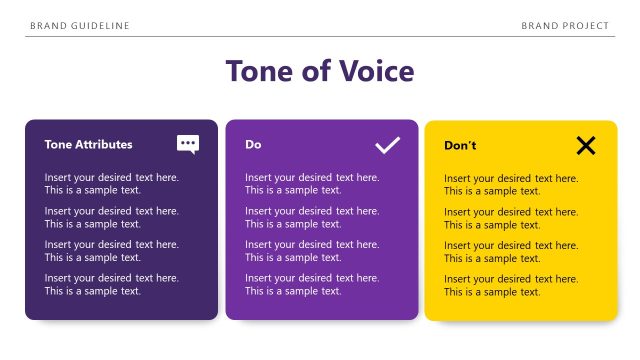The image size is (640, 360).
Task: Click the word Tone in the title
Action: (257, 72)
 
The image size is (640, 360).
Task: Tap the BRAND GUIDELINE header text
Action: (80, 25)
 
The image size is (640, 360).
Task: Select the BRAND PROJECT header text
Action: (565, 25)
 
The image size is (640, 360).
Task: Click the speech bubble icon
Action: (188, 144)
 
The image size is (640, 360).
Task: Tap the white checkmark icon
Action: (387, 145)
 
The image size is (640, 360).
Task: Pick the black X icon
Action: (586, 145)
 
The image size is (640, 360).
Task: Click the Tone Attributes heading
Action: (88, 145)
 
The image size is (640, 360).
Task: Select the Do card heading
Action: (253, 145)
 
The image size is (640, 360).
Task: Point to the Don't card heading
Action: (460, 146)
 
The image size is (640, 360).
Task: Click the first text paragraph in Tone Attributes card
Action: (111, 184)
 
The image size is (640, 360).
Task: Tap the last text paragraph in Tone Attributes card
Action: (111, 285)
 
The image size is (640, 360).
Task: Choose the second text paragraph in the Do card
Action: (312, 218)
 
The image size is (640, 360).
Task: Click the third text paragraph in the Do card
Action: (312, 251)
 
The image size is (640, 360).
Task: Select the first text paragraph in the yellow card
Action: (511, 185)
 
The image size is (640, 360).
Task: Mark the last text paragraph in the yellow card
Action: (511, 286)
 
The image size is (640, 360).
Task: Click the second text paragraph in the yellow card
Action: (511, 219)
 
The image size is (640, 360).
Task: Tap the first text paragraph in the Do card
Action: (312, 184)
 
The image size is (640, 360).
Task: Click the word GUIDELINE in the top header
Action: (97, 25)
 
